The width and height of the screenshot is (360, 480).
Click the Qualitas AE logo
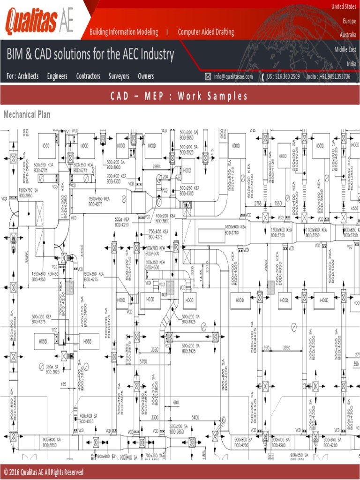click(x=39, y=21)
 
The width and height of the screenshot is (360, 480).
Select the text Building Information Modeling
click(x=124, y=32)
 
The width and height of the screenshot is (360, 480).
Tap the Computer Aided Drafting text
click(x=206, y=32)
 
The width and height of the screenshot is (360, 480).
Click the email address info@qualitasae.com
click(x=233, y=76)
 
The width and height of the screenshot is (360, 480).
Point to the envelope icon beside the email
click(x=208, y=76)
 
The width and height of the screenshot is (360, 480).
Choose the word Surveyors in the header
click(x=119, y=76)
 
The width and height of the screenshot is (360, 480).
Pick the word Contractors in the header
click(x=88, y=76)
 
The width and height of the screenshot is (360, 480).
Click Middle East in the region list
click(x=345, y=49)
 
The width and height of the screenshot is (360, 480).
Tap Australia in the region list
click(x=348, y=35)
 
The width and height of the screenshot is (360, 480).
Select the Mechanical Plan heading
click(x=27, y=114)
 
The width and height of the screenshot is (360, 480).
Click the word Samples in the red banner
click(x=229, y=97)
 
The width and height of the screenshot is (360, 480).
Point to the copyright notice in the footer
click(x=44, y=472)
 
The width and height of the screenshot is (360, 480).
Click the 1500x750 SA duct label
click(x=28, y=190)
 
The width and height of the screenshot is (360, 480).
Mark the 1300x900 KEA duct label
click(x=281, y=230)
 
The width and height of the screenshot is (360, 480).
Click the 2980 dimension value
click(x=156, y=166)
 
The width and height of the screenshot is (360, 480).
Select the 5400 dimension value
click(x=195, y=417)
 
